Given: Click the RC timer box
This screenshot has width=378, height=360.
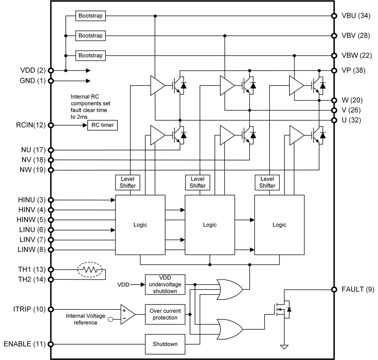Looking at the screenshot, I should point(102,125).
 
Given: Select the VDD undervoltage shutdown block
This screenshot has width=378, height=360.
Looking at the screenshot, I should point(165,285).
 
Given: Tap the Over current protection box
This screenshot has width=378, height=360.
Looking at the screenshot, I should point(165,314).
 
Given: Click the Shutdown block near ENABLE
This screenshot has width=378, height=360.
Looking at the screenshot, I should point(165,344).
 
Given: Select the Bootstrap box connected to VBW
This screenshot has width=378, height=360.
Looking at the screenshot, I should point(90,55).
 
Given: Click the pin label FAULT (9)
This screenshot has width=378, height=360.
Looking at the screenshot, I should point(352,290).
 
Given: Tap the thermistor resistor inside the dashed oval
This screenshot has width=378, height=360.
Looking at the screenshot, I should point(90,270).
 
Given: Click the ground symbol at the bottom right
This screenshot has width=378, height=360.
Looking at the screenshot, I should point(285,347).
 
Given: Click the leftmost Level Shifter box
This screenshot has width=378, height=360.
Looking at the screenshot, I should point(128,182).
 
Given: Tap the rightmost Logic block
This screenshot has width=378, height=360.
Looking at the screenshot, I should point(279,225).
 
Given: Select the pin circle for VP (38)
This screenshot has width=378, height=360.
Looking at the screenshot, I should point(334,70).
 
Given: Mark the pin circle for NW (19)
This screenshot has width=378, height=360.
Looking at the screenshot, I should point(51,170).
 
